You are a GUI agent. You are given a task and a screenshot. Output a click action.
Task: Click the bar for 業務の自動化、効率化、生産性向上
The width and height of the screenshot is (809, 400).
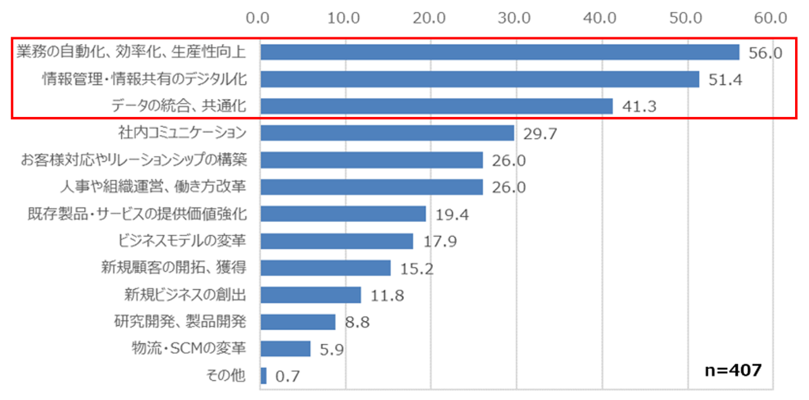click(x=499, y=52)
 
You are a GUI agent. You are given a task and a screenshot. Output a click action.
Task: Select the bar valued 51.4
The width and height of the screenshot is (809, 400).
click(x=480, y=79)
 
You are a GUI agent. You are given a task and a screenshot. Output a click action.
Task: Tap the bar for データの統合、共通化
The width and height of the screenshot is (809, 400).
click(x=436, y=106)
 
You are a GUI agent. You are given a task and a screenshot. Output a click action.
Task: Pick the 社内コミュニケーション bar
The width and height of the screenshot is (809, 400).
click(x=387, y=133)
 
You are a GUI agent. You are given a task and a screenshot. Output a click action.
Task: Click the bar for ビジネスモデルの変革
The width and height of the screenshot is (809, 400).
click(x=336, y=241)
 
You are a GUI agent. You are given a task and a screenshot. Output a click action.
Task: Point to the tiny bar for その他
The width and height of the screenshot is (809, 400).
click(x=264, y=376)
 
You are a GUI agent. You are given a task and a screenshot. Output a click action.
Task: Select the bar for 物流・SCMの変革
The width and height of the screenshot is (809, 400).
click(x=285, y=349)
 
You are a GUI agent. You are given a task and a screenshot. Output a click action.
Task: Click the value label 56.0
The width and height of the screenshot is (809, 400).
click(x=765, y=52)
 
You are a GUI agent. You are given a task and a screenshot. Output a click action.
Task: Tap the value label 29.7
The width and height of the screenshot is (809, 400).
click(x=540, y=133)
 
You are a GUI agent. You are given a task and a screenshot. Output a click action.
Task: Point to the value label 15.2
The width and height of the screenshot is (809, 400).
click(x=417, y=269)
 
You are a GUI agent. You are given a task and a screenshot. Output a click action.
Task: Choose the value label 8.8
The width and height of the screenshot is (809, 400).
click(x=357, y=322)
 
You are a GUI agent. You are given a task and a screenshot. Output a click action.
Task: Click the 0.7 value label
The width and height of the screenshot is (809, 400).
click(x=288, y=377)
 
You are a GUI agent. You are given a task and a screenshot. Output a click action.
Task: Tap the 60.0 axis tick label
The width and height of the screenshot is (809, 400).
click(x=772, y=17)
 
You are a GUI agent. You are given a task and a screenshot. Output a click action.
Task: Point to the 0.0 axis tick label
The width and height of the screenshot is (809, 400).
click(x=260, y=17)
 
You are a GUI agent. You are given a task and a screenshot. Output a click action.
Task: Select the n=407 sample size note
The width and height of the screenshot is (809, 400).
click(x=733, y=369)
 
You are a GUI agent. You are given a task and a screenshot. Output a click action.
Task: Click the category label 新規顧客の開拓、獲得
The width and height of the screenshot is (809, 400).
click(x=173, y=267)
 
